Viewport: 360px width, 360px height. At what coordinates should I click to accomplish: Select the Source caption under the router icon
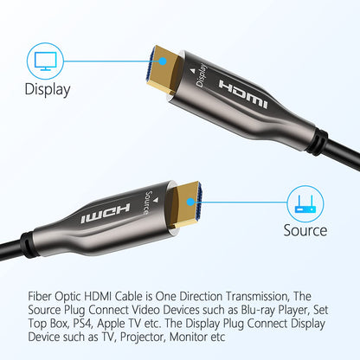coord(305,230)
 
